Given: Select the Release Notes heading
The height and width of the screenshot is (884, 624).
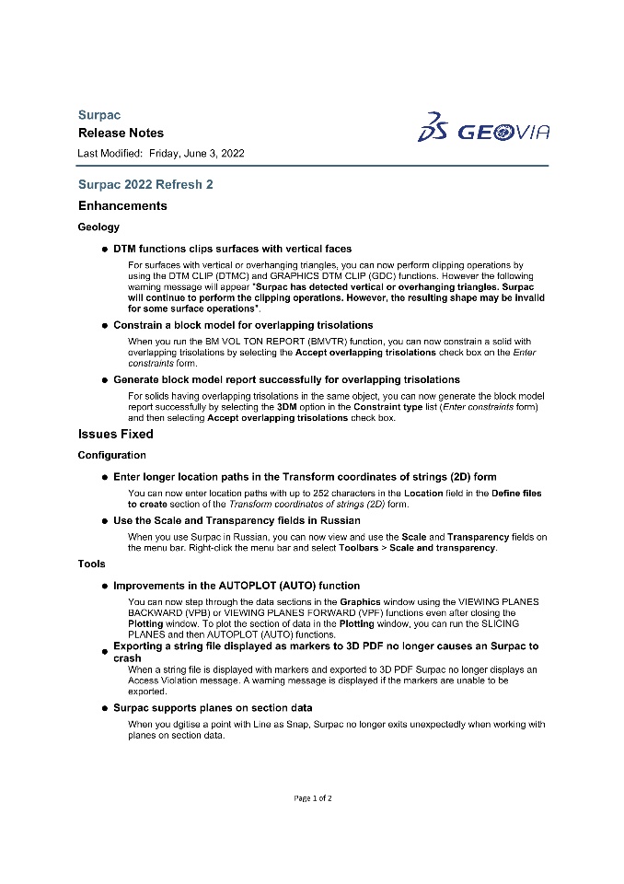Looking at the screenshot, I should (x=121, y=134).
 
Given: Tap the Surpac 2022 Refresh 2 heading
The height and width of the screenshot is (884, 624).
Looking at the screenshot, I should (x=145, y=184).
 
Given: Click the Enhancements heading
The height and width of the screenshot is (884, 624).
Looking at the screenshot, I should (x=122, y=205).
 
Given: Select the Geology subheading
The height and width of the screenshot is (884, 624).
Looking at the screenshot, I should (x=98, y=227).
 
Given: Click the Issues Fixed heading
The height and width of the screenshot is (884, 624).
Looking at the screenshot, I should (x=115, y=434).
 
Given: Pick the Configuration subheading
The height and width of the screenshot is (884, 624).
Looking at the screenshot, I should (x=111, y=455).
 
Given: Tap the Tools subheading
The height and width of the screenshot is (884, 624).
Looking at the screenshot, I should (x=91, y=564).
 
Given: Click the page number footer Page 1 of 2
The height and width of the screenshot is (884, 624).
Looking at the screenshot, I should (x=313, y=797).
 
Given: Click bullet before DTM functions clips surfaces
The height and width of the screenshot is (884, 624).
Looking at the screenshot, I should (x=104, y=250).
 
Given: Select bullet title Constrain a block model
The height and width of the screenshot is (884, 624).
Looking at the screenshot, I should (x=243, y=325).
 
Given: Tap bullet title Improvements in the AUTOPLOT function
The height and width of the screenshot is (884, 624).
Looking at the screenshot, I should (x=237, y=586).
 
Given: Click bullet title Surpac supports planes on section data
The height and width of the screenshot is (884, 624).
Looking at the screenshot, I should (x=213, y=708).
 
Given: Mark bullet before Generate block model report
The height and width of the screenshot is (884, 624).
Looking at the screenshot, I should (x=104, y=380).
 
